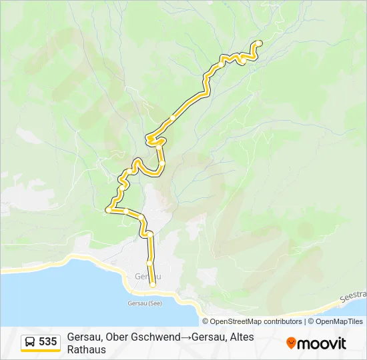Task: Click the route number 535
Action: pos(47,342)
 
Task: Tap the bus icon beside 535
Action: pos(31,342)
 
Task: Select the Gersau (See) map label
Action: pos(144,303)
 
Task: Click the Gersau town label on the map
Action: pos(148,276)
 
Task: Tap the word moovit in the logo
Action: pos(322,343)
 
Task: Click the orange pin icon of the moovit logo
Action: pos(291,343)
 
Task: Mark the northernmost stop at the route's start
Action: pos(259,43)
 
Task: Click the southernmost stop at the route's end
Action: pos(153,285)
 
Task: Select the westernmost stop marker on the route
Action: pos(107,211)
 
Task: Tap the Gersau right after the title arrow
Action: pos(206,337)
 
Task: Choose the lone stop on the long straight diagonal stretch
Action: pos(173,117)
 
